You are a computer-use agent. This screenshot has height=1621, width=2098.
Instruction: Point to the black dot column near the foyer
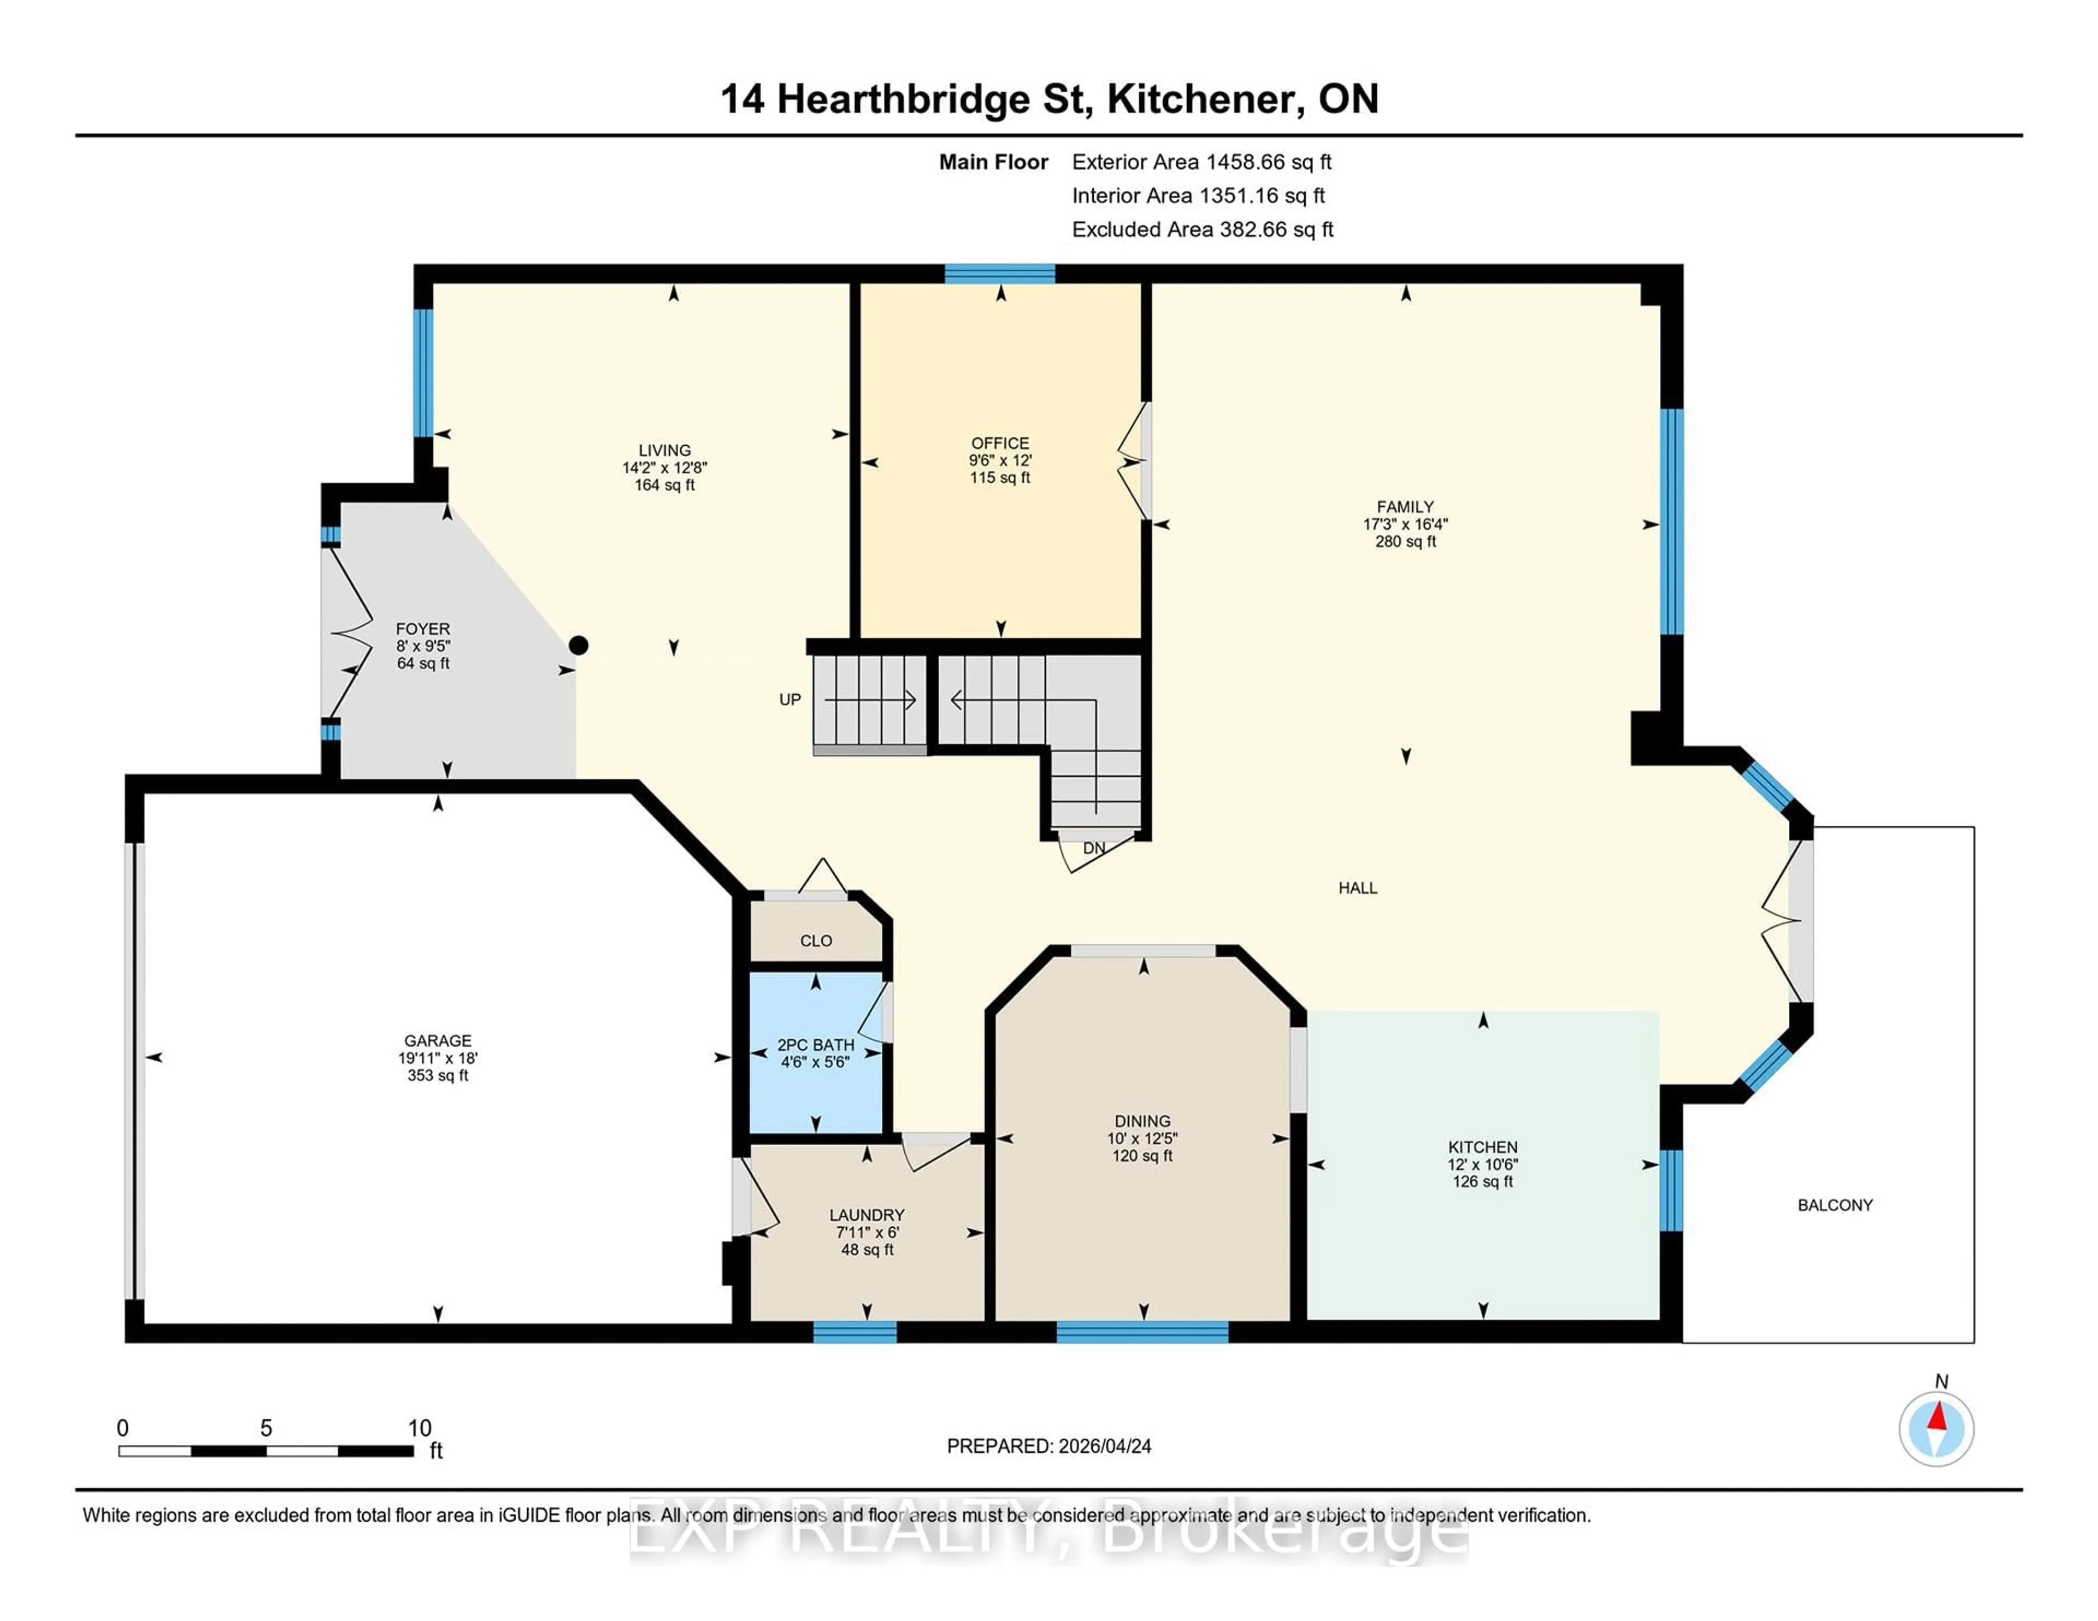(x=578, y=646)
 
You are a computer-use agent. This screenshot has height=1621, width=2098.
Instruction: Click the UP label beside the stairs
(x=789, y=699)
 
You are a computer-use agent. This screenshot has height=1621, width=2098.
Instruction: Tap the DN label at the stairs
(x=1093, y=848)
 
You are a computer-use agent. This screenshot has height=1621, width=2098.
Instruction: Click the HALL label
(x=1357, y=888)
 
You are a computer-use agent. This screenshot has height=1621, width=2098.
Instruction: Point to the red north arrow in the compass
(x=1937, y=1416)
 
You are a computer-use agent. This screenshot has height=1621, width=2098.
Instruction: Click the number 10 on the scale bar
(x=420, y=1428)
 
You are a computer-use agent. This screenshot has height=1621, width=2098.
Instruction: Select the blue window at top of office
(x=999, y=274)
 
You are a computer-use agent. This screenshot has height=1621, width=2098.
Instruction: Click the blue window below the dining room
(x=1142, y=1332)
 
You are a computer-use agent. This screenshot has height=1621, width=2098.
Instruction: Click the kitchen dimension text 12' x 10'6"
(x=1483, y=1164)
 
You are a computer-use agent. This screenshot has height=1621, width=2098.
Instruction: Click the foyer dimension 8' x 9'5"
(x=423, y=646)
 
